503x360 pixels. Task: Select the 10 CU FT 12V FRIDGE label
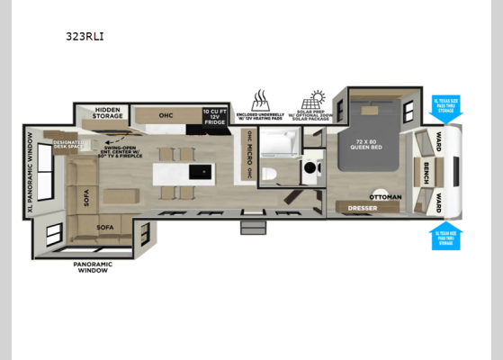pos(214,116)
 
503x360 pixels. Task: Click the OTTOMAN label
pos(385,195)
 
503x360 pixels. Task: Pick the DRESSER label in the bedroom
pos(362,208)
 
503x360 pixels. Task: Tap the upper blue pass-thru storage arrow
pos(445,110)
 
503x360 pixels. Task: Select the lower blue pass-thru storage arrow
pos(445,234)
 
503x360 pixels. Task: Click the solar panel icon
pos(317,98)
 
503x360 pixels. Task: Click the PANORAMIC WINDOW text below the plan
pos(92,267)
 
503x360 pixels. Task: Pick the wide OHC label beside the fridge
pos(166,115)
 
